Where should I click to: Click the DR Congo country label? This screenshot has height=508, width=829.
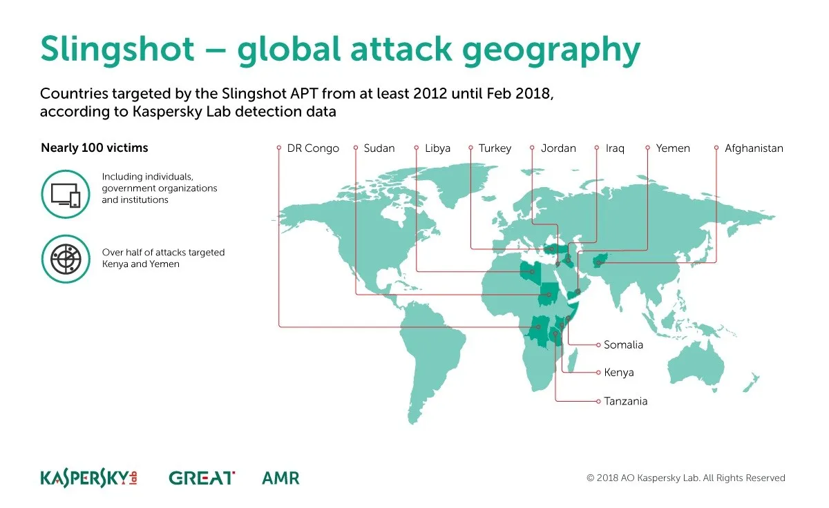313,148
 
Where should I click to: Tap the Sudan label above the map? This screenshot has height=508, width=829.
379,148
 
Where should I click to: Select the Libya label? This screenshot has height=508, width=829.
437,148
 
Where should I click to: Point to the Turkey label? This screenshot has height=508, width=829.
495,148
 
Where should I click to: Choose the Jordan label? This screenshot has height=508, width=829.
558,148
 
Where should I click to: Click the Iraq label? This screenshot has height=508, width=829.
615,148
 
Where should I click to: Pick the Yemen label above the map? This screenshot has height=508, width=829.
673,148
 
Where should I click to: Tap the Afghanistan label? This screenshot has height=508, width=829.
754,148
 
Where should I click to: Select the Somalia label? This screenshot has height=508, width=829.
623,344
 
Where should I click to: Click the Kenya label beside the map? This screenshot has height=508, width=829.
619,372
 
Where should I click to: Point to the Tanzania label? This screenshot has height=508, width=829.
625,401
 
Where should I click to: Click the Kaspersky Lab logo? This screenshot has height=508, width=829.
89,478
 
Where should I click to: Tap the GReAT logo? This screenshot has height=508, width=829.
202,478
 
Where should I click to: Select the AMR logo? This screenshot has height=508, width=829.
280,478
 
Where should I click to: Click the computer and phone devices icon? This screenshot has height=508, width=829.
66,194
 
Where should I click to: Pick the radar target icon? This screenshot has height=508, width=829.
66,259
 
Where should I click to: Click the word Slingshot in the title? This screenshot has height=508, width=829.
117,50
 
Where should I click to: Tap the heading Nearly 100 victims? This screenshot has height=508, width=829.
95,148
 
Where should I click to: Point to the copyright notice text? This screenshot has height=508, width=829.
686,478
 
